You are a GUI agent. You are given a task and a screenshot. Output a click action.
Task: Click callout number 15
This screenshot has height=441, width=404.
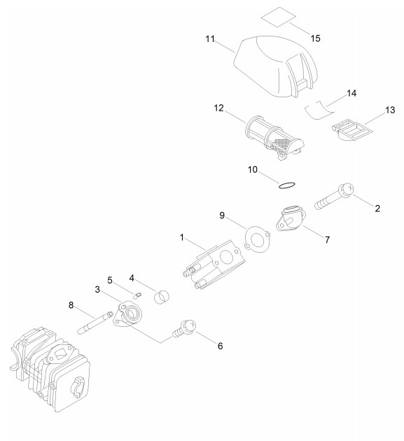click(315, 38)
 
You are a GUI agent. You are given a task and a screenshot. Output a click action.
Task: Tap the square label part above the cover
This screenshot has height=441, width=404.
click(279, 17)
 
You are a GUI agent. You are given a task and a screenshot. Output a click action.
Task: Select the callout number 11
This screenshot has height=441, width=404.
click(210, 38)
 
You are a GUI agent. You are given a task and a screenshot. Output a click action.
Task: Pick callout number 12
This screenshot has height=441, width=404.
click(218, 108)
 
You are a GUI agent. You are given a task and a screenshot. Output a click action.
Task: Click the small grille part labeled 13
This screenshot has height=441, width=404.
click(352, 130)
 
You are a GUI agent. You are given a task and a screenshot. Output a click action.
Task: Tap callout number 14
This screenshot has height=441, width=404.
click(351, 93)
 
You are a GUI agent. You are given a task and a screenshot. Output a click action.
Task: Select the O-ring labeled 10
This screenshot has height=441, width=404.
click(287, 185)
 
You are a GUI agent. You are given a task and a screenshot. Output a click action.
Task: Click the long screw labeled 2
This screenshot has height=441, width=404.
click(334, 197)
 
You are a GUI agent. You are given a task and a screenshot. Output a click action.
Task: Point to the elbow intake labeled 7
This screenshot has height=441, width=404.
click(291, 218)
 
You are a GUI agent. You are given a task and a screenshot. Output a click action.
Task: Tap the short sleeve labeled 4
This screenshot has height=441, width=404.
click(162, 297)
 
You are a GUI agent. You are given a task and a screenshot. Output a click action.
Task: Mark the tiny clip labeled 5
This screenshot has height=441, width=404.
click(137, 295)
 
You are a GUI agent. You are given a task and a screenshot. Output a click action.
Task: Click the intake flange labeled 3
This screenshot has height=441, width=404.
click(127, 314)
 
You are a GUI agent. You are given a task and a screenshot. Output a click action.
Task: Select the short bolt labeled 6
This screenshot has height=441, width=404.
click(184, 328)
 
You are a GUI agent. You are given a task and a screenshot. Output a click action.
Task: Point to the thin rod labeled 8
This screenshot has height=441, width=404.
click(95, 322)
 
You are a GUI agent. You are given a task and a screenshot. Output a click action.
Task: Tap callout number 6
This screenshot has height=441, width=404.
click(221, 346)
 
